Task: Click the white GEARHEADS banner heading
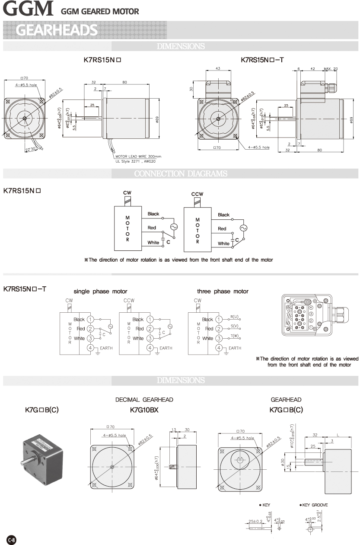tap(57, 29)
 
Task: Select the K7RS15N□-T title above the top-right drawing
tap(262, 61)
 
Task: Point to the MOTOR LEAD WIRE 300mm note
tap(138, 156)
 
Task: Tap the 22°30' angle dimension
tap(30, 150)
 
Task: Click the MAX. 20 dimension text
tap(331, 69)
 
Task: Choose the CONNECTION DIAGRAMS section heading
tap(180, 174)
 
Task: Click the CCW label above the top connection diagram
tap(197, 194)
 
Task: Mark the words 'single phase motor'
tap(100, 291)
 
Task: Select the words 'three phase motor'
tap(223, 291)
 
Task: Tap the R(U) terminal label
tap(235, 317)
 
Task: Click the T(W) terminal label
tap(235, 336)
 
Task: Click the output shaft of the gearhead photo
tap(25, 463)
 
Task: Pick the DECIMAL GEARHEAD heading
tap(144, 399)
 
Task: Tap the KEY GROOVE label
tap(315, 505)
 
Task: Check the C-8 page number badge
tap(12, 539)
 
